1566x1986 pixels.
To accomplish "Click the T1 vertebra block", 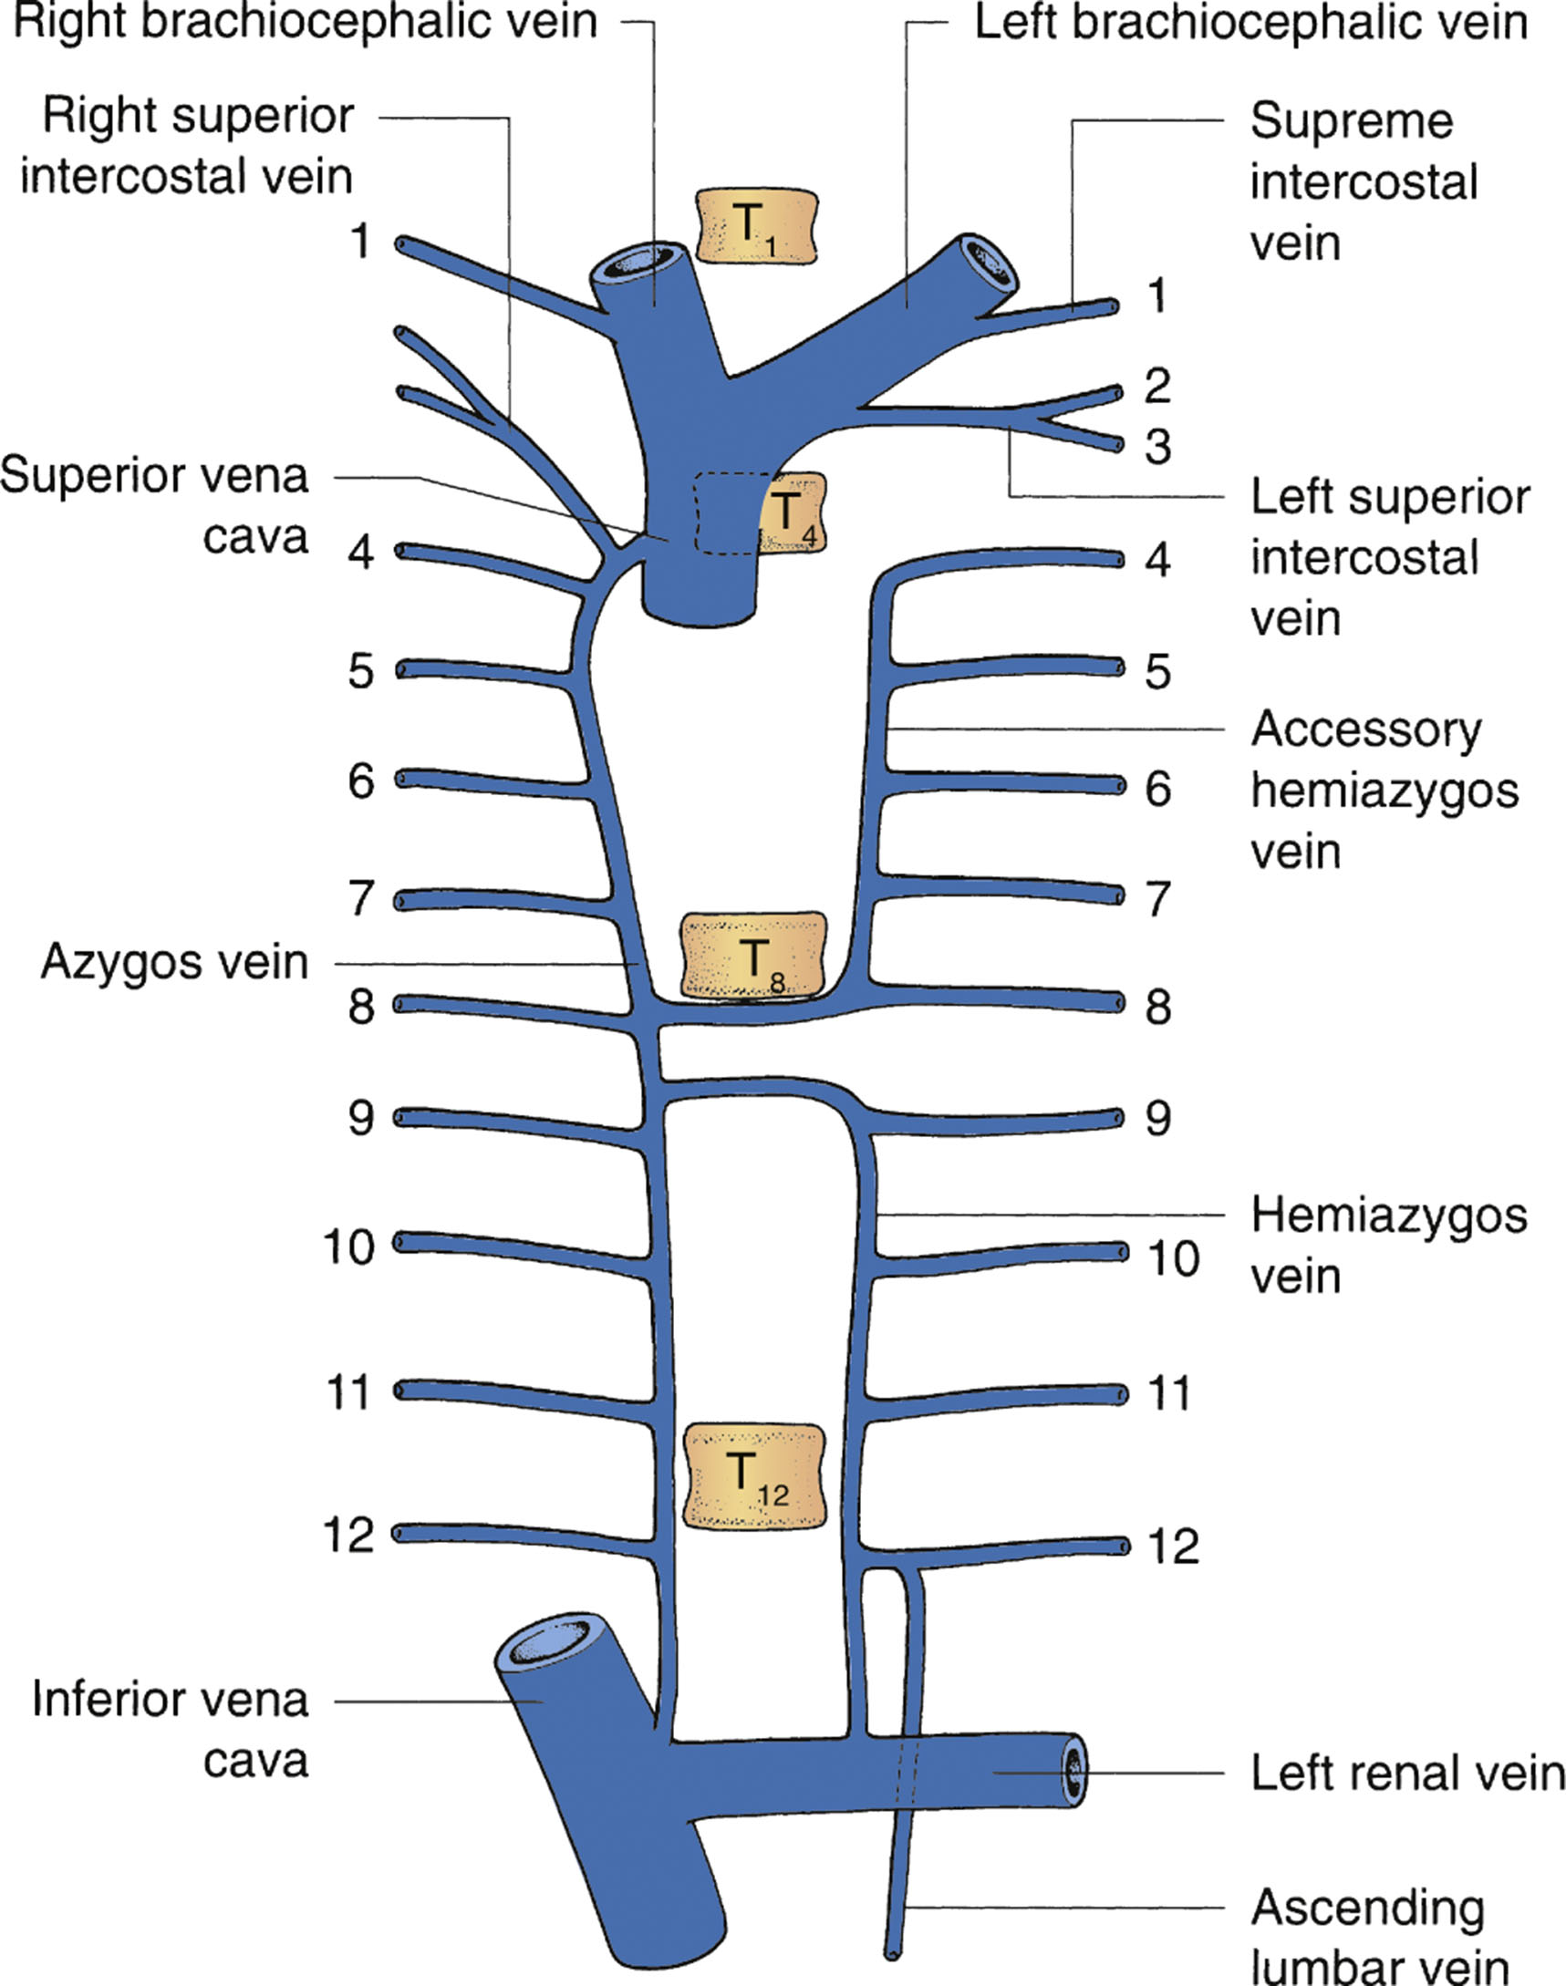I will (x=755, y=225).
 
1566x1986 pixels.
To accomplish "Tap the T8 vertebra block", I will (x=753, y=955).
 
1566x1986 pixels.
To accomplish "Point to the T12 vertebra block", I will (x=755, y=1475).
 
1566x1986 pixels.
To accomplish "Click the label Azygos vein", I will (x=174, y=962).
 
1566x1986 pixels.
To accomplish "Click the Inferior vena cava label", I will (x=171, y=1731).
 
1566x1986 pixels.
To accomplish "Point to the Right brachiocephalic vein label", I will (x=306, y=22).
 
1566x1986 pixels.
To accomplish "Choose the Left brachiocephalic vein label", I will (x=1250, y=22).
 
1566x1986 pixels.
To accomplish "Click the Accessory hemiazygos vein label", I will (x=1383, y=790).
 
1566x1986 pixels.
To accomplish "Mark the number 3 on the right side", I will (x=1158, y=447).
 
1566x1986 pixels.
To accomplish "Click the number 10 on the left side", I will (x=348, y=1246).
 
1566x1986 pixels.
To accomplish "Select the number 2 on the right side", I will (x=1157, y=387).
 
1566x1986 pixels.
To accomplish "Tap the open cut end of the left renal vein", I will (x=1073, y=1770).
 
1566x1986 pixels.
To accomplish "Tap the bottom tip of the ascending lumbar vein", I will (x=891, y=1953).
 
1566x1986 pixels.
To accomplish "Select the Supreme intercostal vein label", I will (x=1363, y=182).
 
